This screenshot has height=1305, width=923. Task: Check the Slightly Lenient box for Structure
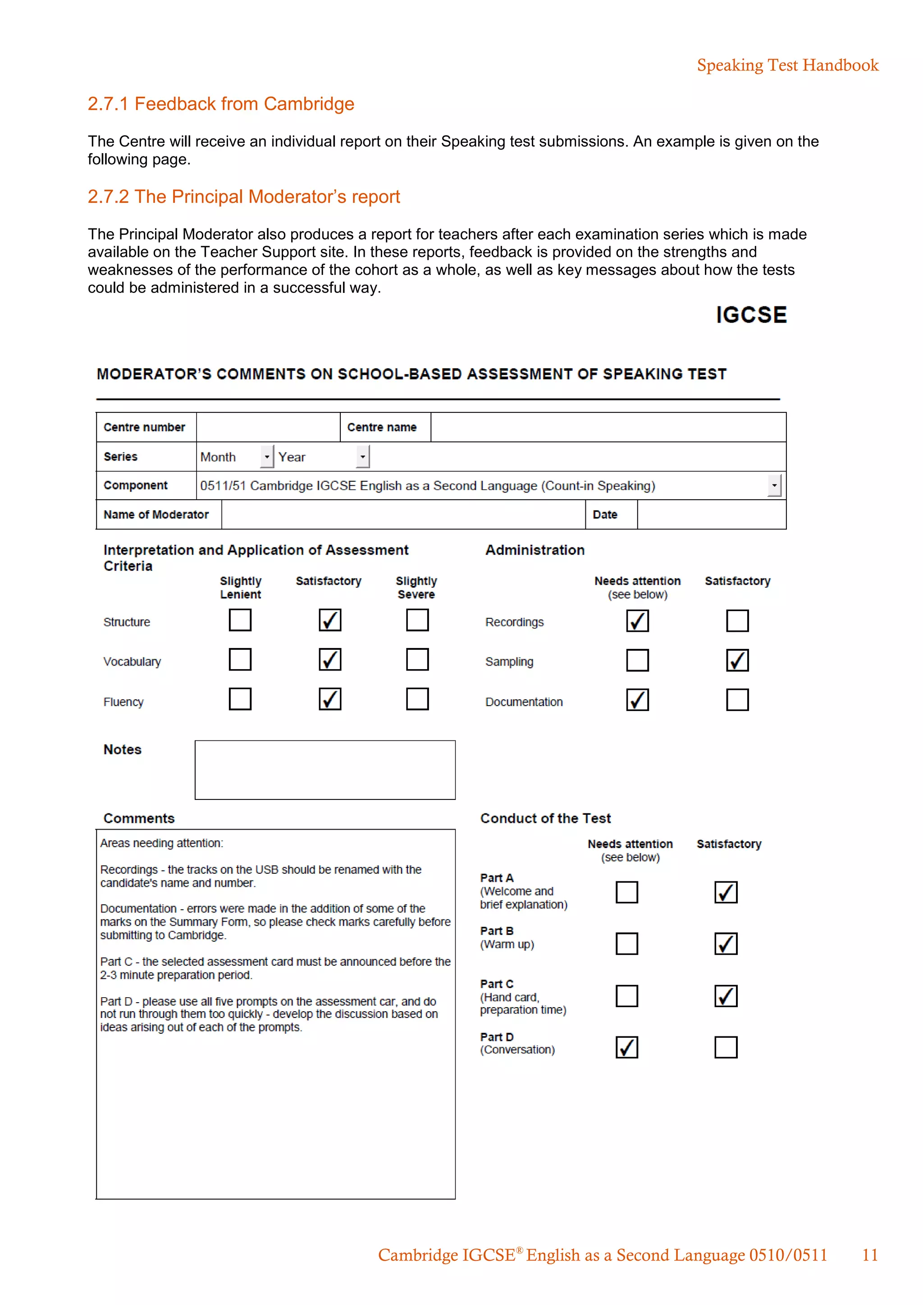pyautogui.click(x=240, y=620)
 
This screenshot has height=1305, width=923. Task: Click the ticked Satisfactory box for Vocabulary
pyautogui.click(x=329, y=659)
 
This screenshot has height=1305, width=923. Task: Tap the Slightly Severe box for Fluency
pyautogui.click(x=417, y=699)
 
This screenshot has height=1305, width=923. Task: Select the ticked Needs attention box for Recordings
pyautogui.click(x=637, y=621)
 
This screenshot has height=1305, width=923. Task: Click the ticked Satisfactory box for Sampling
pyautogui.click(x=737, y=661)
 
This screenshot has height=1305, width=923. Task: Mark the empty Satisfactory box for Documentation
pyautogui.click(x=737, y=700)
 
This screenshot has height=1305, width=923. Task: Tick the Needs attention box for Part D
pyautogui.click(x=626, y=1047)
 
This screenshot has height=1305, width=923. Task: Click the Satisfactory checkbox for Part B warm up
pyautogui.click(x=726, y=944)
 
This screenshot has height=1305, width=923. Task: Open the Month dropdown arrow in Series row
pyautogui.click(x=266, y=456)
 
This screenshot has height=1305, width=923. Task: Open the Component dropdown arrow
pyautogui.click(x=774, y=485)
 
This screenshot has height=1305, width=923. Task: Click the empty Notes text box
pyautogui.click(x=324, y=770)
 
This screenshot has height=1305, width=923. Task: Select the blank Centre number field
pyautogui.click(x=268, y=428)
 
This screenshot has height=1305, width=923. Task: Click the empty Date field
pyautogui.click(x=711, y=514)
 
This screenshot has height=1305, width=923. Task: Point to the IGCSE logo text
pyautogui.click(x=751, y=315)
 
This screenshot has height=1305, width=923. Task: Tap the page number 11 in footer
pyautogui.click(x=869, y=1255)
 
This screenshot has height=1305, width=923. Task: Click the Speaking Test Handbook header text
pyautogui.click(x=787, y=65)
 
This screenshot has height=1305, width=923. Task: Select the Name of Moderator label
pyautogui.click(x=156, y=514)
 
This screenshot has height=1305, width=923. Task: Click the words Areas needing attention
pyautogui.click(x=161, y=843)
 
